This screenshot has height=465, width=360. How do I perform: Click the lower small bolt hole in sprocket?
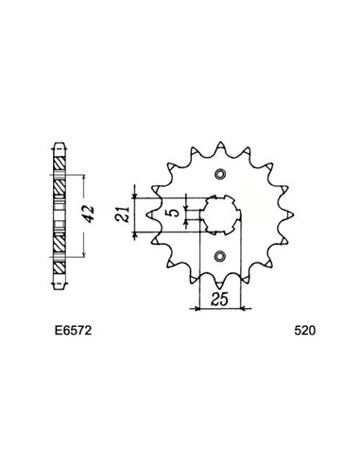(220, 256)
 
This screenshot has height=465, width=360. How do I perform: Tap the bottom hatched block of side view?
(59, 253)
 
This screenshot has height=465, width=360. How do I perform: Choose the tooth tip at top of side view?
(59, 147)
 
